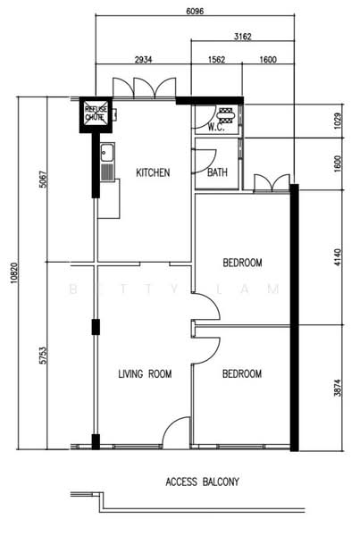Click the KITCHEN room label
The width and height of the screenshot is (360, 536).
pyautogui.click(x=153, y=172)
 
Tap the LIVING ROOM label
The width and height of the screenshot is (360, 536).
pyautogui.click(x=145, y=373)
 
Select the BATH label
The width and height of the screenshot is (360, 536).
pyautogui.click(x=217, y=172)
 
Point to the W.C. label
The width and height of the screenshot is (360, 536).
pyautogui.click(x=215, y=128)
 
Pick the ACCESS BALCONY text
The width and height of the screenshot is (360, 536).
pyautogui.click(x=202, y=482)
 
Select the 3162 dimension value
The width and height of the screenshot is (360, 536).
pyautogui.click(x=242, y=37)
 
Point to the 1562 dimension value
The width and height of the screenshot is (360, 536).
pyautogui.click(x=215, y=60)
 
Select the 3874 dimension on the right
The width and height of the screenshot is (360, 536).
pyautogui.click(x=338, y=387)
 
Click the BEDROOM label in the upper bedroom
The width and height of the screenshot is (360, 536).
pyautogui.click(x=242, y=263)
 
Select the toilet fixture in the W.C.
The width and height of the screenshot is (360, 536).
pyautogui.click(x=225, y=114)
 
